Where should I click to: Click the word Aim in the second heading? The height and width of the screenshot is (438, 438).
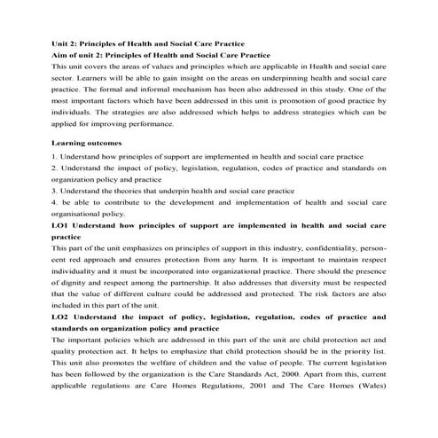pyautogui.click(x=59, y=54)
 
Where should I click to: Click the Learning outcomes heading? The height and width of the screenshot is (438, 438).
pyautogui.click(x=86, y=142)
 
